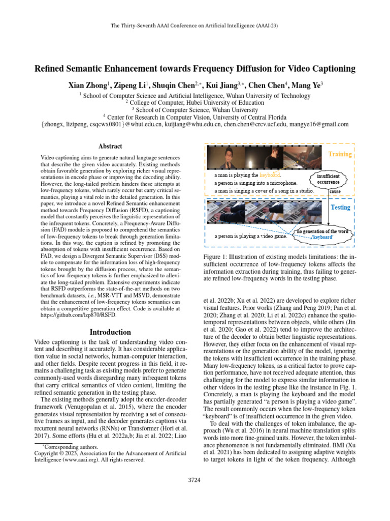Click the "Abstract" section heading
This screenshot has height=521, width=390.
point(110,146)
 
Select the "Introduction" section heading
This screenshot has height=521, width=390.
point(110,332)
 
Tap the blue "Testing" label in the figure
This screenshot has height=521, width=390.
point(340,208)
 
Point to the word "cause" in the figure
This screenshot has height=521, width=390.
point(335,192)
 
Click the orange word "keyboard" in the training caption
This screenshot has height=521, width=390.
point(270,175)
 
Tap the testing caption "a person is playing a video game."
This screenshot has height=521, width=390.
point(250,236)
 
